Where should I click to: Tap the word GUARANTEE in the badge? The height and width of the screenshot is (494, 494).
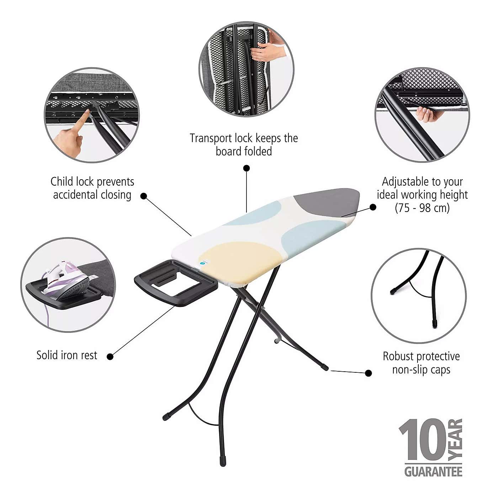click(434, 472)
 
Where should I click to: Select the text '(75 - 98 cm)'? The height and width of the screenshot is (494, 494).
click(422, 208)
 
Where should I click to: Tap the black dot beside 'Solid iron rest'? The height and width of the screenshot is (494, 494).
click(110, 357)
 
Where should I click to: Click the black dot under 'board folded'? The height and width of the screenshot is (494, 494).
click(246, 168)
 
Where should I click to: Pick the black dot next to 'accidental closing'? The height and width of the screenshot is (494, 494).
click(144, 196)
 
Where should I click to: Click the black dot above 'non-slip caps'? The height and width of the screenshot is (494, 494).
click(368, 373)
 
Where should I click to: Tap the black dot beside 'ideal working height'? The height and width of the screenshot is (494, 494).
click(373, 207)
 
